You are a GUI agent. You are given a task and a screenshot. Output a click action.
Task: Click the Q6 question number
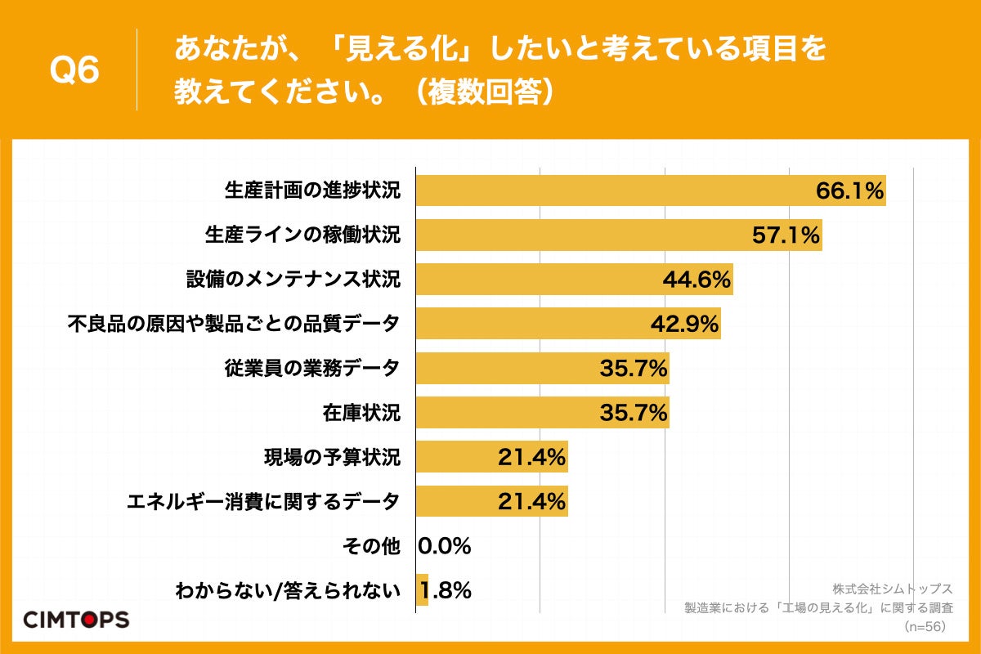[x=74, y=70]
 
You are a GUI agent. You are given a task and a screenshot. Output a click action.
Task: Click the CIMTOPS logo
[x=76, y=619]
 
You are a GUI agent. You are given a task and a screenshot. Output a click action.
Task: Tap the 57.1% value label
[x=786, y=235]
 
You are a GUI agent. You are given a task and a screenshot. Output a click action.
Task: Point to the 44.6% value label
[x=696, y=280]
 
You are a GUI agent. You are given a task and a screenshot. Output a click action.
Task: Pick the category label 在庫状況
[x=361, y=413]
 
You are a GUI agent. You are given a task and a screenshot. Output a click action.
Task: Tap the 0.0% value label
[x=445, y=546]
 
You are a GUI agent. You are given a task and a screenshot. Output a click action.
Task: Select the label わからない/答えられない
[x=288, y=590]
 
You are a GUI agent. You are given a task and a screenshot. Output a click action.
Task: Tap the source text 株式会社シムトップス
[x=893, y=589]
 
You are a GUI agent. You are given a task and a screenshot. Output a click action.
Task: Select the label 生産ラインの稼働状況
[x=302, y=235]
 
